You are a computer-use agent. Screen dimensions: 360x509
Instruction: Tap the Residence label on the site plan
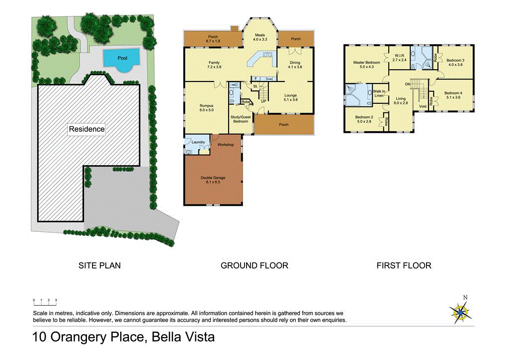click(86, 129)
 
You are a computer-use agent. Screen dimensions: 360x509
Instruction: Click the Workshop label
click(226, 145)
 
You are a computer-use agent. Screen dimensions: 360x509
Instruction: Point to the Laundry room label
click(198, 143)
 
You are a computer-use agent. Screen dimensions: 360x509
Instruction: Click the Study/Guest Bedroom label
click(241, 119)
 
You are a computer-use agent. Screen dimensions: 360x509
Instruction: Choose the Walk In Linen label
click(380, 93)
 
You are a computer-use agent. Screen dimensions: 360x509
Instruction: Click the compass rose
click(461, 312)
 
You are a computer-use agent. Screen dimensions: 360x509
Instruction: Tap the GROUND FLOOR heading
click(254, 266)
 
